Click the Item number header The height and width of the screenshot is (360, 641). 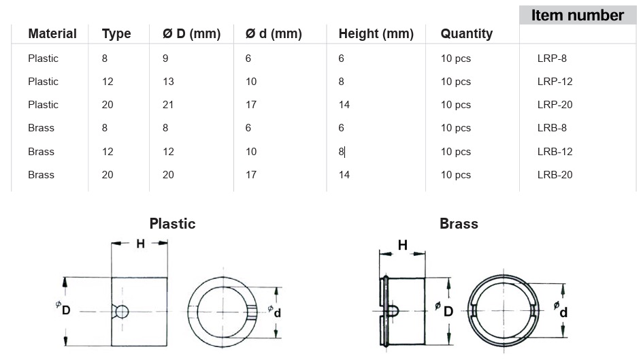577,16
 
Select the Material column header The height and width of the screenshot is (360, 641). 52,33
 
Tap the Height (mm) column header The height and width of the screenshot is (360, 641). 376,34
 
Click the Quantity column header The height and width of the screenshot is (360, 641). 466,34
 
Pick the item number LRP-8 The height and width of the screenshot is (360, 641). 552,59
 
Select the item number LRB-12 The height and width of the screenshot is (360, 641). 555,152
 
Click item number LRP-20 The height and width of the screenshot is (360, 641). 555,105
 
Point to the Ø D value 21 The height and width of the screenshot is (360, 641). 168,105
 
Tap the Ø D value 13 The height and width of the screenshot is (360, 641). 168,81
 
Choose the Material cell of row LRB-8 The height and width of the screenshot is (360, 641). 41,128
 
